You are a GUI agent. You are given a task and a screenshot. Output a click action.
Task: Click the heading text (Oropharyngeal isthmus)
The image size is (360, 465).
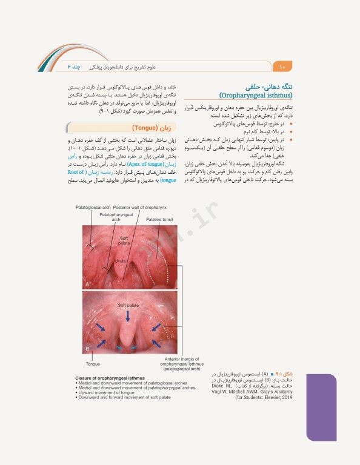256,95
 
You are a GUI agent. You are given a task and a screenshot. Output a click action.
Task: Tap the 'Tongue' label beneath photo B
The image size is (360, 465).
93,363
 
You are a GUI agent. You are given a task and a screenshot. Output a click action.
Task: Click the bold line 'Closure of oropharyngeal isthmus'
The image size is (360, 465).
113,378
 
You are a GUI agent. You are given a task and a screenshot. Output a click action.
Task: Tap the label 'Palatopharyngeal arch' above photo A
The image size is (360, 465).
115,200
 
